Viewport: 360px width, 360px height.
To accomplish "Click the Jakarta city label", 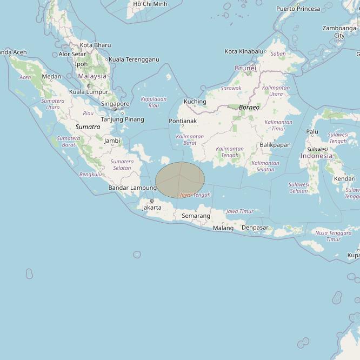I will coord(151,208).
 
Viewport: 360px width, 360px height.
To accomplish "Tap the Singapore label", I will coord(115,104).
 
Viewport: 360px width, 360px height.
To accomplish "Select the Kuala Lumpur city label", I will coord(89,92).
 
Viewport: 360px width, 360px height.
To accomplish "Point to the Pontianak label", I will coord(182,121).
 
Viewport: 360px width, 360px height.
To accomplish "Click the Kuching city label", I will coord(195,102).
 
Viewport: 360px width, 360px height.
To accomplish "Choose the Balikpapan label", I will coord(275,145).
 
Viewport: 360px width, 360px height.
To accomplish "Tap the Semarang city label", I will coord(196,216).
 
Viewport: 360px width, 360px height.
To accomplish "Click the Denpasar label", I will coord(255,228).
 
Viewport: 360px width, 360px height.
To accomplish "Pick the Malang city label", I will coord(223,228).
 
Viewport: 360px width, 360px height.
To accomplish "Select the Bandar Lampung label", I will coord(132,188).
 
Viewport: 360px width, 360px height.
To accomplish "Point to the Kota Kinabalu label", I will coord(245,51).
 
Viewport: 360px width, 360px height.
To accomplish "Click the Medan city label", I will coord(51,77).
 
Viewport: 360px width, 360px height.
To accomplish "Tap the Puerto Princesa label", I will coord(298,9).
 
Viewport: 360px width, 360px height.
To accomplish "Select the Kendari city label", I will coord(344,178).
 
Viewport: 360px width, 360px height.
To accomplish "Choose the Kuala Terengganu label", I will coord(134,59).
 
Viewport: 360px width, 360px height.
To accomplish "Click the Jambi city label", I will coord(112,141).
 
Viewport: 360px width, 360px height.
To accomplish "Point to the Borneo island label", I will coord(249,107).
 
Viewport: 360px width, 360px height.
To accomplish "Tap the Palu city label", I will coord(312,131).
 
